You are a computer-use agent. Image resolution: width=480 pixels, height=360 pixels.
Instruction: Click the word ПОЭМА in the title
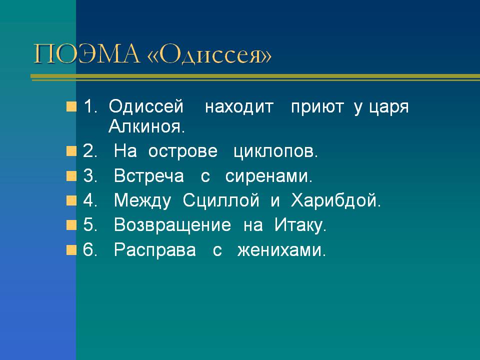(x=86, y=54)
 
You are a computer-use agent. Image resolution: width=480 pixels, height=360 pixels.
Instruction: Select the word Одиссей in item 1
(x=146, y=106)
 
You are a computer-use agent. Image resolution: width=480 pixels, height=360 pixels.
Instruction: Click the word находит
(x=239, y=107)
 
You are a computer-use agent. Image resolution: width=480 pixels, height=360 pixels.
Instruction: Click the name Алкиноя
(x=147, y=126)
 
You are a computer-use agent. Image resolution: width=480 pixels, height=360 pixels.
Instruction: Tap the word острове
(x=183, y=151)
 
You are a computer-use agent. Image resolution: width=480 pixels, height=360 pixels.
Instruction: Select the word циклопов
(x=275, y=151)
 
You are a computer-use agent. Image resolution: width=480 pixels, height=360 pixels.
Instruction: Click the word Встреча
(x=149, y=176)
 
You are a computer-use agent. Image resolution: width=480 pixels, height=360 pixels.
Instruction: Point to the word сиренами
(x=269, y=176)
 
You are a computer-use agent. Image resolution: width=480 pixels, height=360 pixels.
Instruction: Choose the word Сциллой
(x=220, y=201)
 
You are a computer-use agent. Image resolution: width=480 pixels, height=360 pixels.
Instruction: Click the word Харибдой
(x=336, y=201)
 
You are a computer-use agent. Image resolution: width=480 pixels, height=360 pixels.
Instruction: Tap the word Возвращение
(x=172, y=225)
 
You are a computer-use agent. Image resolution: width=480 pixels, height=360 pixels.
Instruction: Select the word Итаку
(x=300, y=225)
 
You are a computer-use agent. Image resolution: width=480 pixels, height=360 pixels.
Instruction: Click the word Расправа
(x=155, y=250)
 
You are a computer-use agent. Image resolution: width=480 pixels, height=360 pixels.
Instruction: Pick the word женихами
(x=281, y=250)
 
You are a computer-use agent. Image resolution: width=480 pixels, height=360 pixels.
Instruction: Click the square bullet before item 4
(x=71, y=201)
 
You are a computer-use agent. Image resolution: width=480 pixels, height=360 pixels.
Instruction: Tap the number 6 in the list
(x=88, y=249)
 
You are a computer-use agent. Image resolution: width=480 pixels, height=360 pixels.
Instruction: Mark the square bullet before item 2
(x=71, y=151)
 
